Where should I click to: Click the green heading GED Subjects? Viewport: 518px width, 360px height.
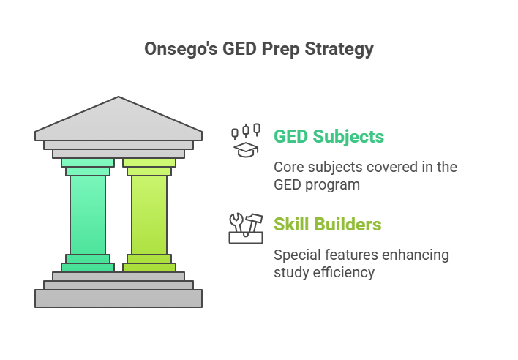coord(329,137)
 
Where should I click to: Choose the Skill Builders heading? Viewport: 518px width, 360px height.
coord(327,224)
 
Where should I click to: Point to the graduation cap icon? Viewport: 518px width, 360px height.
coord(246,149)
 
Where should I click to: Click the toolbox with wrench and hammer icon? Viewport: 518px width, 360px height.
coord(246,228)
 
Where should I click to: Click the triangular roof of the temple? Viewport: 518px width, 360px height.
coord(119,118)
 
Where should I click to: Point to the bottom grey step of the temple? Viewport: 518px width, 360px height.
coord(119,298)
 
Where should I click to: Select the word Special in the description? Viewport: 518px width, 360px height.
coord(296,255)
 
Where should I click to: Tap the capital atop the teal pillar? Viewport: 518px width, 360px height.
coord(88,167)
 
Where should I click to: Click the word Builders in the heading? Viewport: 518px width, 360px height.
coord(350,224)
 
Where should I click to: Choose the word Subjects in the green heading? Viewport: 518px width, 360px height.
coord(350,137)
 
